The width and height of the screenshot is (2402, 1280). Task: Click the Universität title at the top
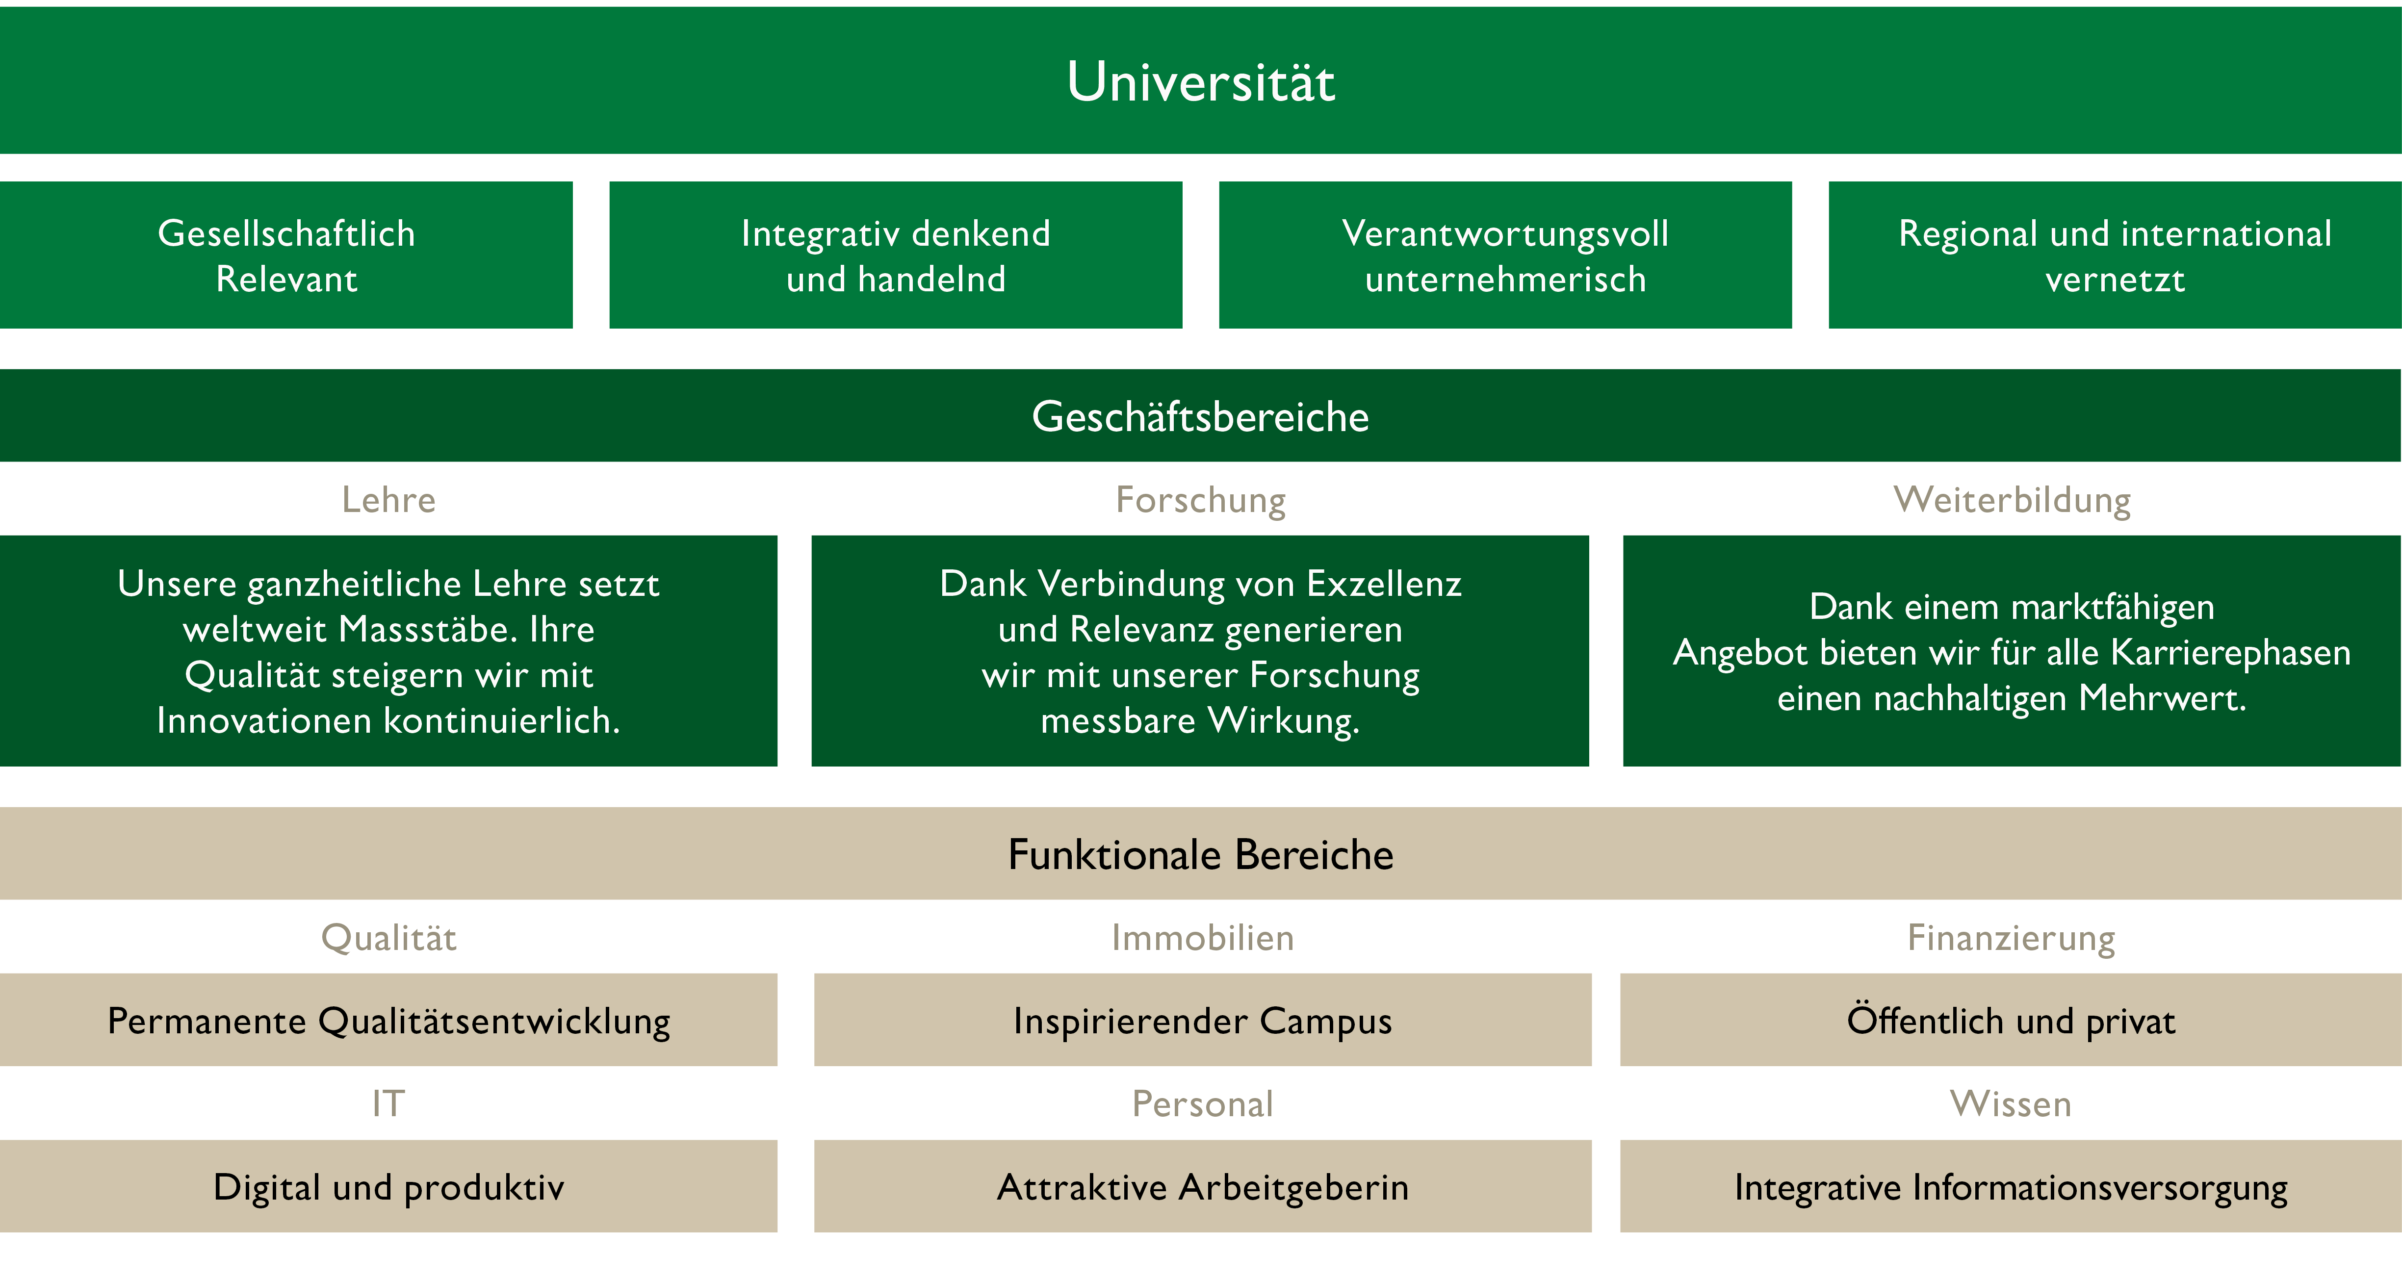click(1200, 81)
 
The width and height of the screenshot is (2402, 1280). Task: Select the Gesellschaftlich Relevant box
click(286, 256)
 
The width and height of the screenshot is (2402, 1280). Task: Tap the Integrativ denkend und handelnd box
click(895, 256)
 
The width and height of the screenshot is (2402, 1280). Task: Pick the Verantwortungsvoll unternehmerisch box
click(1505, 256)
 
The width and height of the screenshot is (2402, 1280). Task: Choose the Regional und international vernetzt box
click(2114, 256)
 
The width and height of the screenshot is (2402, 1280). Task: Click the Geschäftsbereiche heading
click(1200, 416)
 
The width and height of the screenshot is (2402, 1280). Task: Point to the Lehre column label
click(389, 500)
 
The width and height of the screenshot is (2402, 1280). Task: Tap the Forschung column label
click(1200, 500)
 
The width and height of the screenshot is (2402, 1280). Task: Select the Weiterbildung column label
click(2011, 500)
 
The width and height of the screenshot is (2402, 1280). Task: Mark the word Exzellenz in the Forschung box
click(1384, 584)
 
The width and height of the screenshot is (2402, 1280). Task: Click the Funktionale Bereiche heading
click(1200, 854)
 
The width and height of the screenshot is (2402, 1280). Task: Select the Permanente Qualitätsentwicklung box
click(389, 1020)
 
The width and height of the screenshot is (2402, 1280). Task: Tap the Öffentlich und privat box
click(2011, 1020)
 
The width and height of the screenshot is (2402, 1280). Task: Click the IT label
click(389, 1104)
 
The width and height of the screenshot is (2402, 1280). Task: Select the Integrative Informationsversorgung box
click(2011, 1187)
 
